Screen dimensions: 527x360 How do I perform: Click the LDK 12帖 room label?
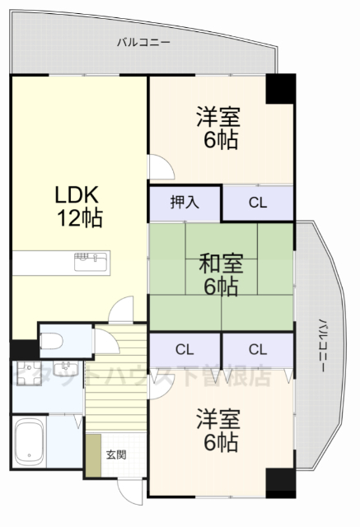(78, 207)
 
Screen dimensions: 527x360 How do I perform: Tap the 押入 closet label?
(185, 203)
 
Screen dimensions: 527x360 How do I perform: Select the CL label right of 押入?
(258, 203)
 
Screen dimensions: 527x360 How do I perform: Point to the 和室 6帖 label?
(221, 275)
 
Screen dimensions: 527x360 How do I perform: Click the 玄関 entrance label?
(115, 455)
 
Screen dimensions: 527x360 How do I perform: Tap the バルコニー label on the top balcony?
(143, 41)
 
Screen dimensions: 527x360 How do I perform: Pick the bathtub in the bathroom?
(29, 441)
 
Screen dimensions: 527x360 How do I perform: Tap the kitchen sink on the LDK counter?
(90, 263)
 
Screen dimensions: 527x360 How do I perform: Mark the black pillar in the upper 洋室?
(279, 88)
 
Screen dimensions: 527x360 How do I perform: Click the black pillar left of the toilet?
(24, 350)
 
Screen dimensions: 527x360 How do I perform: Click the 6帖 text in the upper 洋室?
(221, 140)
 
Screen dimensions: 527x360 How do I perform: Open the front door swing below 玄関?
(132, 494)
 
